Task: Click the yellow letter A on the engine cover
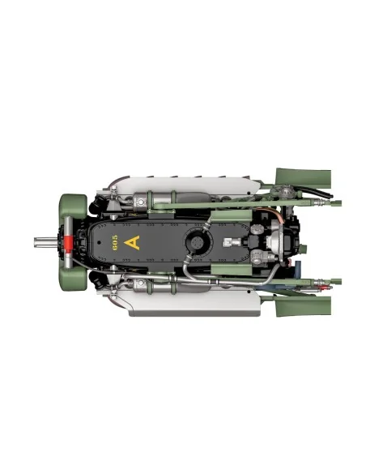132,242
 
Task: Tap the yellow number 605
115,242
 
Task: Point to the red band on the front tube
69,243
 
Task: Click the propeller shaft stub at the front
45,242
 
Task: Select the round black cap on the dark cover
197,241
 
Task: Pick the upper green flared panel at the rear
304,177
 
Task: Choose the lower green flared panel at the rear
304,306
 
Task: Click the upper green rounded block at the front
73,205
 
